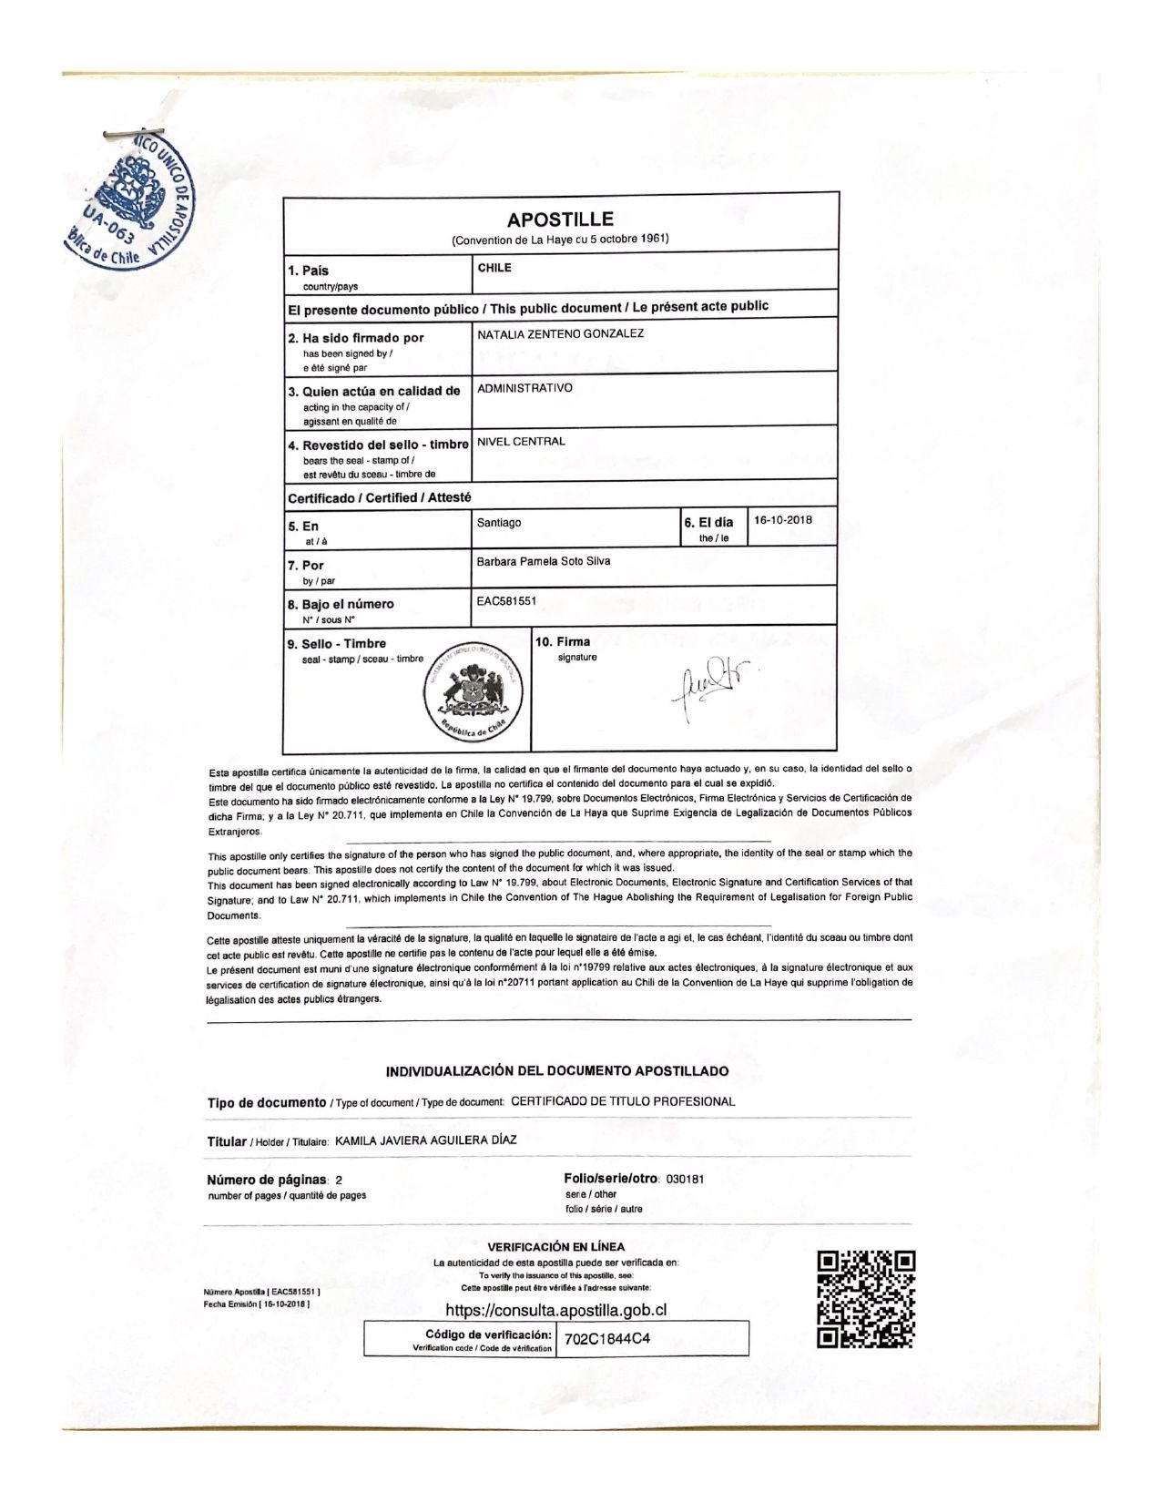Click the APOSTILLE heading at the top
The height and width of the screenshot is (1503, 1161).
(x=560, y=220)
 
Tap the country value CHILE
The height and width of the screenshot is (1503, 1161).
(x=494, y=268)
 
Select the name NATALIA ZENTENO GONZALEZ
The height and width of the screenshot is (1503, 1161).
(x=560, y=333)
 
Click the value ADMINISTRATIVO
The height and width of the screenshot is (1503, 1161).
(x=524, y=387)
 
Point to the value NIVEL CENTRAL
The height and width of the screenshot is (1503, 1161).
(x=521, y=442)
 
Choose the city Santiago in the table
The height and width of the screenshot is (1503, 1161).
(x=499, y=523)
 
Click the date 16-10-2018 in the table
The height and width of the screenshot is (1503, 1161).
(x=782, y=520)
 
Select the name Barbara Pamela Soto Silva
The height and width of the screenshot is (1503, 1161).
(x=544, y=561)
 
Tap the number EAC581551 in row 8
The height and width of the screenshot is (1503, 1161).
(x=508, y=602)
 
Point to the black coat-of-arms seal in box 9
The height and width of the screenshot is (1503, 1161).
(x=472, y=691)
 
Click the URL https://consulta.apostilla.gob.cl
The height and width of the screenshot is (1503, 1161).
(x=556, y=1310)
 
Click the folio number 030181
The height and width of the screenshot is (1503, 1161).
(x=685, y=1179)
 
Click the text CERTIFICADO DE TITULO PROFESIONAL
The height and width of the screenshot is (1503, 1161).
(x=623, y=1101)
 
